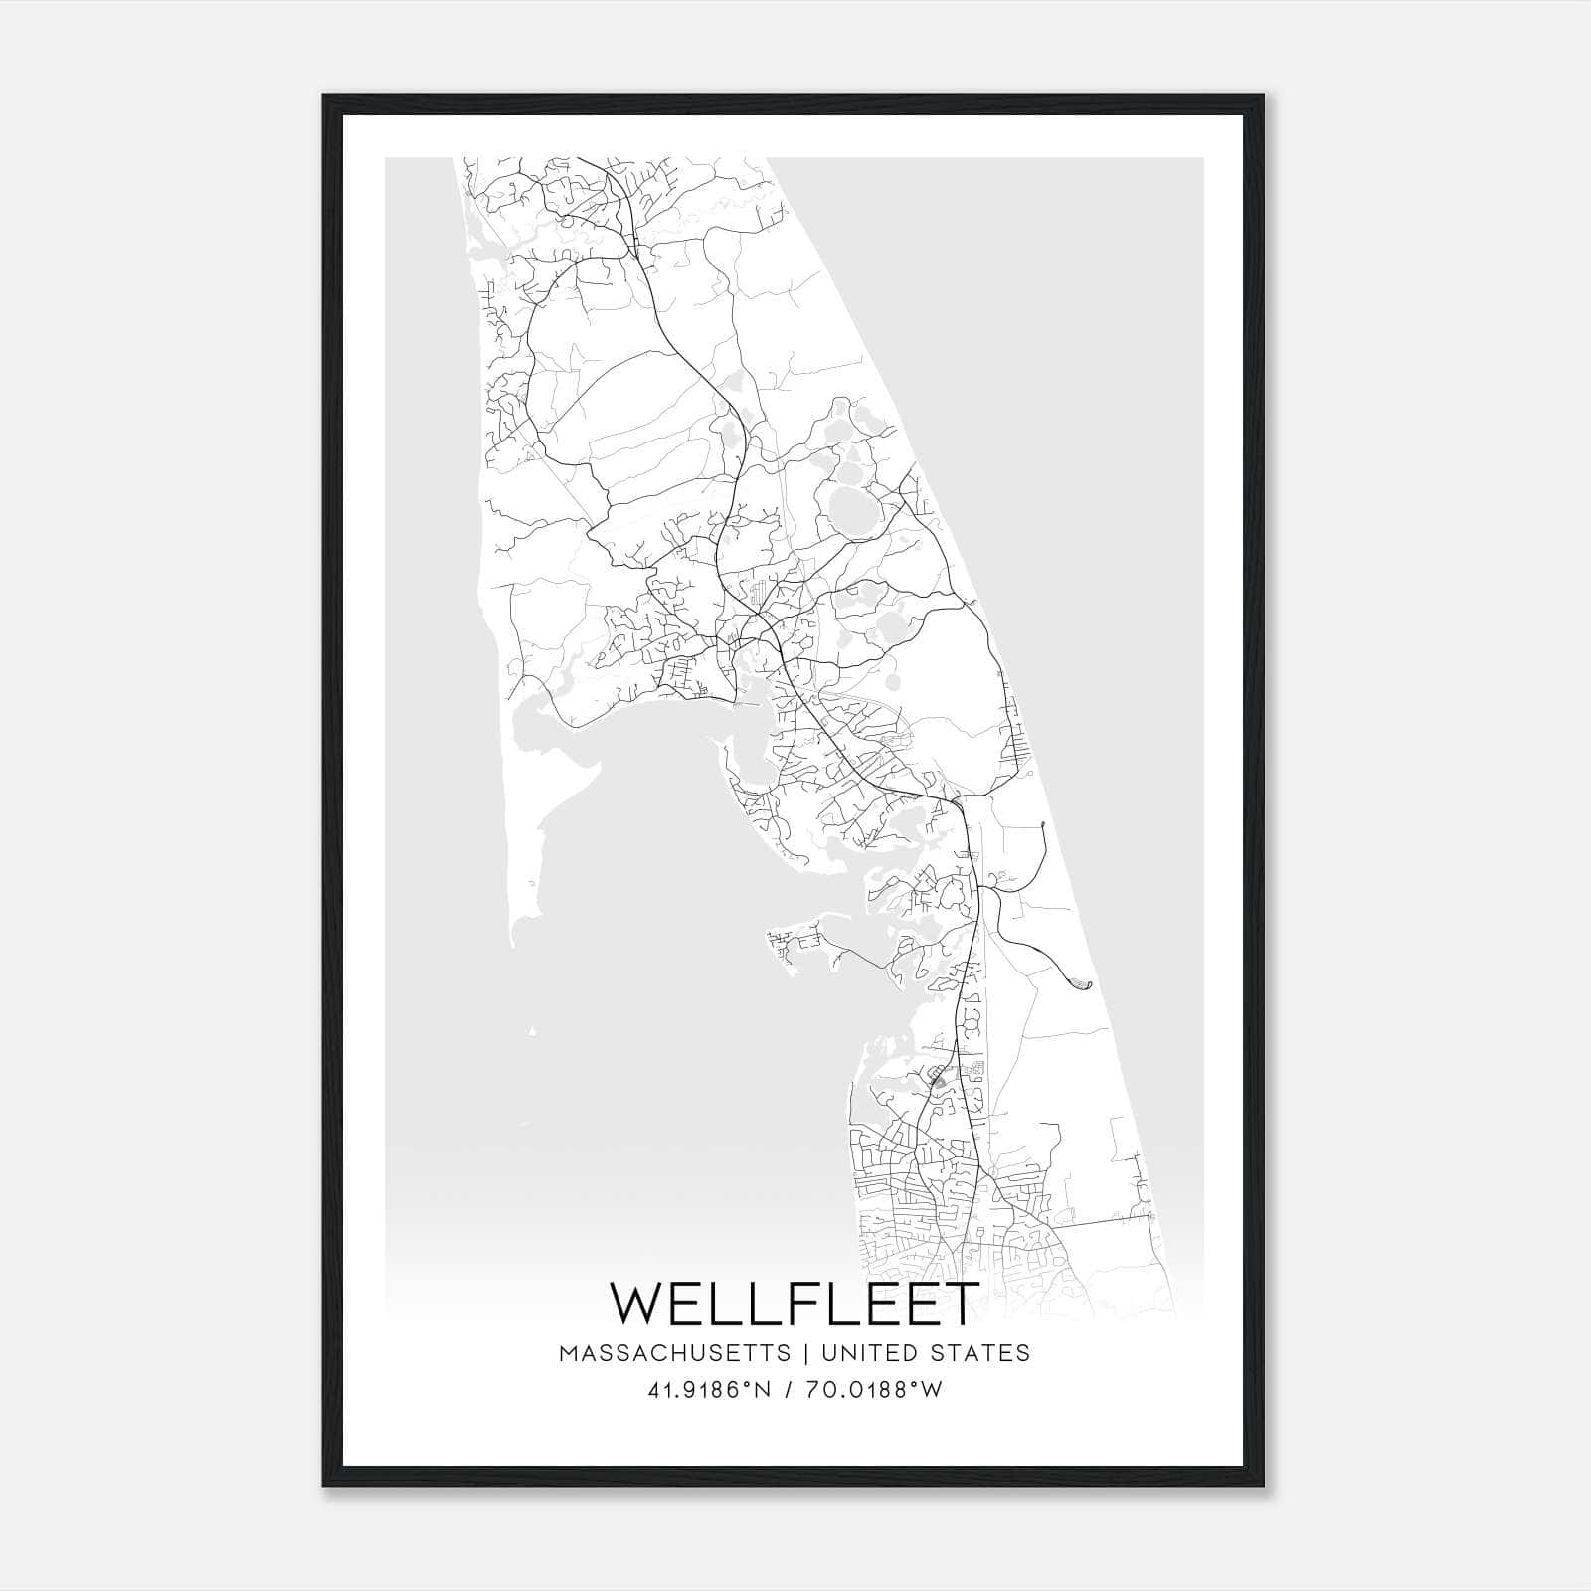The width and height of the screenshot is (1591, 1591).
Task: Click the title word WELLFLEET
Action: coord(795,1304)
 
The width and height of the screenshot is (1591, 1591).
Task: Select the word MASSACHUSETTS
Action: coord(675,1353)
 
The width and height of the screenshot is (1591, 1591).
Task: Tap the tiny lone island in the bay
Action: coord(534,1032)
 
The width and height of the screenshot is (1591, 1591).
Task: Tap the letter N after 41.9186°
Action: coord(765,1390)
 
